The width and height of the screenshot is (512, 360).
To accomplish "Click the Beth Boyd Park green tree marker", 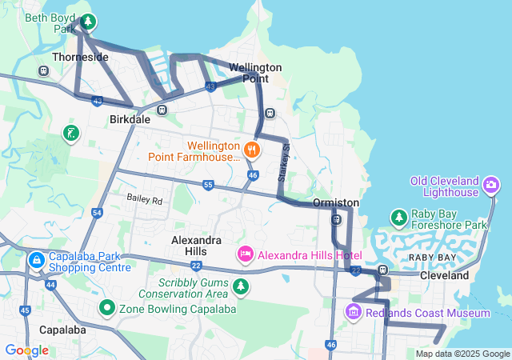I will pyautogui.click(x=88, y=22).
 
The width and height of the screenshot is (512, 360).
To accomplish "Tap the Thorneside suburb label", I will pyautogui.click(x=79, y=58).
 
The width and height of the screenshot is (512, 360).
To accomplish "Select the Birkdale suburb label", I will pyautogui.click(x=130, y=119).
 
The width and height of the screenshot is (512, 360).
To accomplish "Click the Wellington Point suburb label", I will pyautogui.click(x=255, y=73).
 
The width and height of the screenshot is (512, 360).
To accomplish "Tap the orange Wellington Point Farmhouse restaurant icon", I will pyautogui.click(x=251, y=149).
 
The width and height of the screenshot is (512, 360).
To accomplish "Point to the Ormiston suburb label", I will pyautogui.click(x=336, y=203).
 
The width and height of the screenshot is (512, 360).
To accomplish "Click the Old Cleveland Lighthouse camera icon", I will pyautogui.click(x=491, y=186).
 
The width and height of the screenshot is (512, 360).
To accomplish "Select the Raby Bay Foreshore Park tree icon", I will pyautogui.click(x=398, y=217).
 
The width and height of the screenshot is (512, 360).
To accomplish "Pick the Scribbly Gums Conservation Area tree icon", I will pyautogui.click(x=241, y=286).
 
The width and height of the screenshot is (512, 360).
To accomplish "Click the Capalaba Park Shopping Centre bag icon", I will pyautogui.click(x=36, y=260).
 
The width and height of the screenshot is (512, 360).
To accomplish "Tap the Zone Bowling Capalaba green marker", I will pyautogui.click(x=107, y=307).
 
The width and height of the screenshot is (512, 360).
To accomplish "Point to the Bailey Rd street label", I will pyautogui.click(x=145, y=198).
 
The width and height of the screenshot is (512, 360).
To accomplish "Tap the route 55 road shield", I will pyautogui.click(x=208, y=185).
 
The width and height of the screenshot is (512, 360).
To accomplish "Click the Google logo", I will pyautogui.click(x=26, y=350).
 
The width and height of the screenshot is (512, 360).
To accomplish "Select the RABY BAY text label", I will pyautogui.click(x=432, y=258).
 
